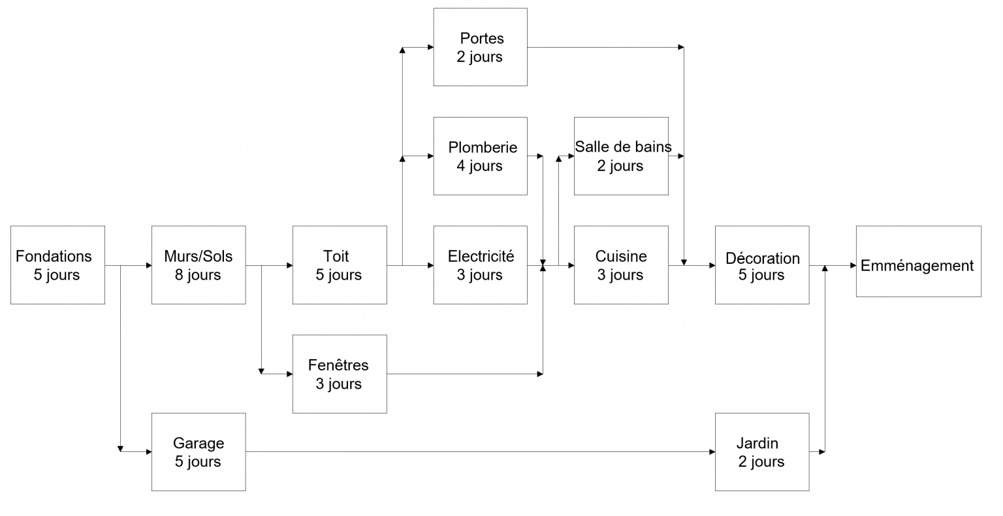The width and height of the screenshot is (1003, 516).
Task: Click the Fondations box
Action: click(x=57, y=265)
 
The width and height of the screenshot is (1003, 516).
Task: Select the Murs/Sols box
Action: click(x=199, y=265)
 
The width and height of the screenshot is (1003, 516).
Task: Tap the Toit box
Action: click(x=340, y=265)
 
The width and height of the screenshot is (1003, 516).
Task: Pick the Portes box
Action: click(x=481, y=47)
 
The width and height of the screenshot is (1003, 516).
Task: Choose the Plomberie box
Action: click(x=481, y=156)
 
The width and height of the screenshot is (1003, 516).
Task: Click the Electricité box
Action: click(x=481, y=265)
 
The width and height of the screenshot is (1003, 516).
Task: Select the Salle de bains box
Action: click(x=622, y=156)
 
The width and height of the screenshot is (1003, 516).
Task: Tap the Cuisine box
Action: click(x=622, y=265)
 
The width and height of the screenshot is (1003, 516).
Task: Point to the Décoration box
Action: click(x=762, y=265)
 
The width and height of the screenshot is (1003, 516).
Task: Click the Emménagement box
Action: click(x=919, y=261)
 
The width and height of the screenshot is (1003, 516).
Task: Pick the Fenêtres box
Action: click(x=340, y=374)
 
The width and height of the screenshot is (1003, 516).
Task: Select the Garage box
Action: click(x=199, y=451)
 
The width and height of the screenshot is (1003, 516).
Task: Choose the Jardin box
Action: click(x=762, y=451)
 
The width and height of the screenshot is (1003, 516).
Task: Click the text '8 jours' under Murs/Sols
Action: click(x=198, y=274)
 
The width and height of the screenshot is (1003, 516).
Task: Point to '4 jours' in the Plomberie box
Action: click(x=479, y=166)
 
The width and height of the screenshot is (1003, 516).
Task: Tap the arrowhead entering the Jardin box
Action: click(x=712, y=451)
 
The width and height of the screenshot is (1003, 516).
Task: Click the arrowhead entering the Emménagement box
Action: click(x=853, y=265)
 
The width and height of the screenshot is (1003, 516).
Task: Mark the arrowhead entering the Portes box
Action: click(x=431, y=47)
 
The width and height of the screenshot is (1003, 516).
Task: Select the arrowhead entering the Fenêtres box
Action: click(x=290, y=374)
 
